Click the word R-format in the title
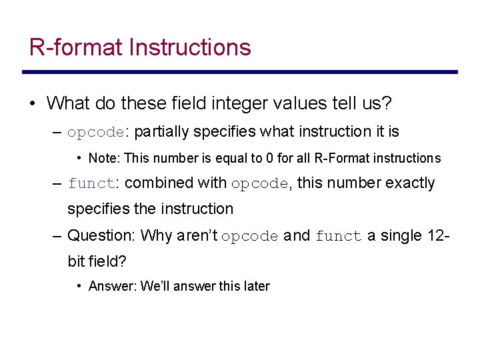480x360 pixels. [76, 47]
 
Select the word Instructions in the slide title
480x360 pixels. [190, 47]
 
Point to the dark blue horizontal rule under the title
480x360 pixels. [239, 72]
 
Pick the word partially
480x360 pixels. [162, 131]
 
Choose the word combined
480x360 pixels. [155, 183]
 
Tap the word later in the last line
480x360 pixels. [257, 286]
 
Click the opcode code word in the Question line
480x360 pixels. [249, 236]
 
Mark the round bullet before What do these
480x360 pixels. [32, 104]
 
